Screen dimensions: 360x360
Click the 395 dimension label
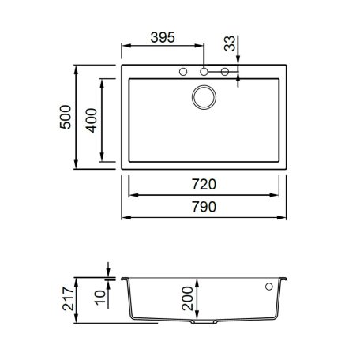(x=161, y=38)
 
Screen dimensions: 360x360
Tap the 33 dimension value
(x=229, y=44)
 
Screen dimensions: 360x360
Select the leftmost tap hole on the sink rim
(x=183, y=73)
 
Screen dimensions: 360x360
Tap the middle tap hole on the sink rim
(x=204, y=73)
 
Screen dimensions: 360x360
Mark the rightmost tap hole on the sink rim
(x=225, y=73)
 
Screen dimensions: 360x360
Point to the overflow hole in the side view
(x=269, y=286)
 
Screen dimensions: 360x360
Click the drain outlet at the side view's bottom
(x=204, y=324)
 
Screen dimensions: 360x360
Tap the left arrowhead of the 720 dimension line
(x=131, y=193)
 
